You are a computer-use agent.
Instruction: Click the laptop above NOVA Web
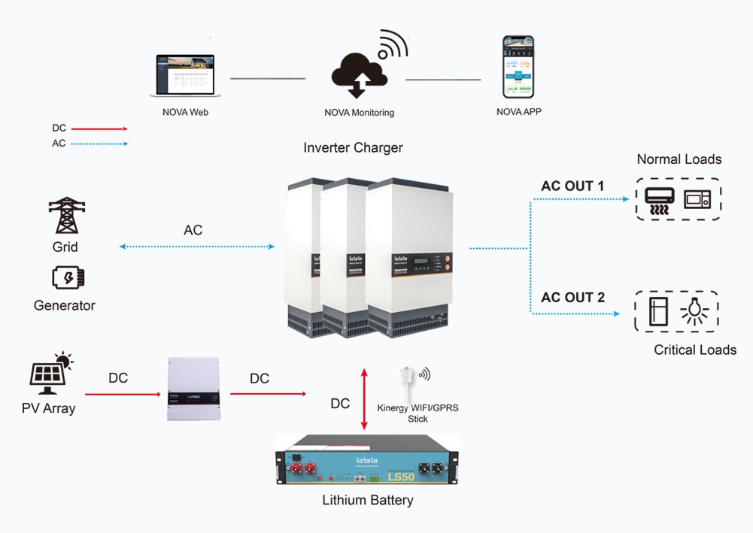(x=184, y=74)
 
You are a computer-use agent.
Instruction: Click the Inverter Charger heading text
(x=353, y=148)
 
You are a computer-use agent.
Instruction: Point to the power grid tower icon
(x=66, y=216)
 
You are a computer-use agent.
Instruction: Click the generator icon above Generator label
(x=68, y=278)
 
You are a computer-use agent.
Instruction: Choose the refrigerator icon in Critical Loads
(x=658, y=311)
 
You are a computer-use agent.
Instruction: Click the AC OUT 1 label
(x=572, y=186)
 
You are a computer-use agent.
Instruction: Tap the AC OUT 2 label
(x=572, y=298)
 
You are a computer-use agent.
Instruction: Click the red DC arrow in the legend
(x=99, y=129)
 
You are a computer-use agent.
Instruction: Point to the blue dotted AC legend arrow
(x=99, y=144)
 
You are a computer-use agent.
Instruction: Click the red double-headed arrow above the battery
(x=365, y=399)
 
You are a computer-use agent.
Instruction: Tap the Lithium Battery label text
(x=368, y=500)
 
